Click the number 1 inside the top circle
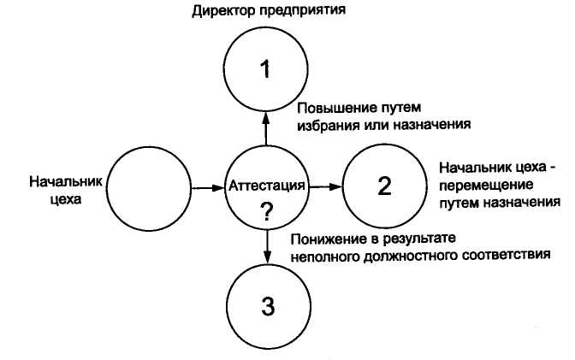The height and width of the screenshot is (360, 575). coord(266,70)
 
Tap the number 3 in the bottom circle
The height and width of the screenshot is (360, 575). coord(268,306)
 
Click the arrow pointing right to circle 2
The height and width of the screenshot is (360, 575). coord(326,186)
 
